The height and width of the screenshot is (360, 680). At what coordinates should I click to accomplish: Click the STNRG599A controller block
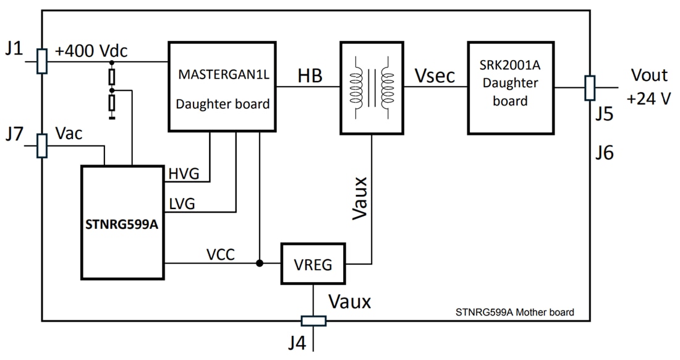point(123,222)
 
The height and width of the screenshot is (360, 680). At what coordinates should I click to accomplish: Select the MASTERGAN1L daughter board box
point(222,87)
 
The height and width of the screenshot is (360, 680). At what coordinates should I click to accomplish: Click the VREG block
point(313,265)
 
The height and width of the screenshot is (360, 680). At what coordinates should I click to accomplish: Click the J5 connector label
point(605,114)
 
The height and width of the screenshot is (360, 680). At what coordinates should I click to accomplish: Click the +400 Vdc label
point(91,51)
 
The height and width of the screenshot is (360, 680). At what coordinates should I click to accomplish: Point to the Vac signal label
point(69,134)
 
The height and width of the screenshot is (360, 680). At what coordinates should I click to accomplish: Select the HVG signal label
point(184,175)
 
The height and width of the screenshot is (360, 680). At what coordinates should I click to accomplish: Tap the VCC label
point(220,254)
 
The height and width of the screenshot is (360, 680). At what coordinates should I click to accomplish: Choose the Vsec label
point(435,75)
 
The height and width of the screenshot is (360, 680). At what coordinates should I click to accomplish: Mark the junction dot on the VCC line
point(260,264)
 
